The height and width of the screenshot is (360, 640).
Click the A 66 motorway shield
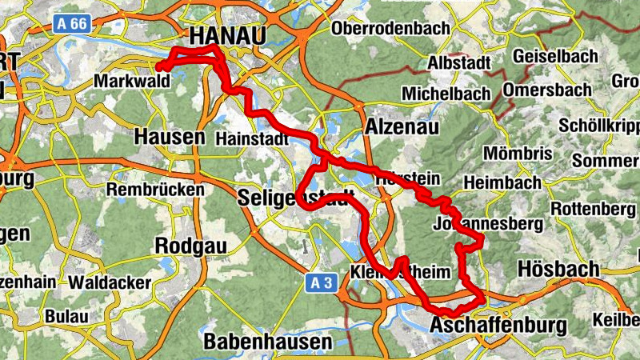[x=71, y=25]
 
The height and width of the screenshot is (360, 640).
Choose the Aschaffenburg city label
[x=498, y=326]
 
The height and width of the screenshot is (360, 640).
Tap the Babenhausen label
[x=268, y=342]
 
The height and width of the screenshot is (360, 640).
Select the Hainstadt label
[x=251, y=138]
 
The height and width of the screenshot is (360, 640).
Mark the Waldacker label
[x=110, y=283]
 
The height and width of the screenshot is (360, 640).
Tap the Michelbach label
[x=446, y=94]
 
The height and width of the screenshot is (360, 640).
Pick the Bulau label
[x=66, y=316]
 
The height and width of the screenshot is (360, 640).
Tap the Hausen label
[x=170, y=137]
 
